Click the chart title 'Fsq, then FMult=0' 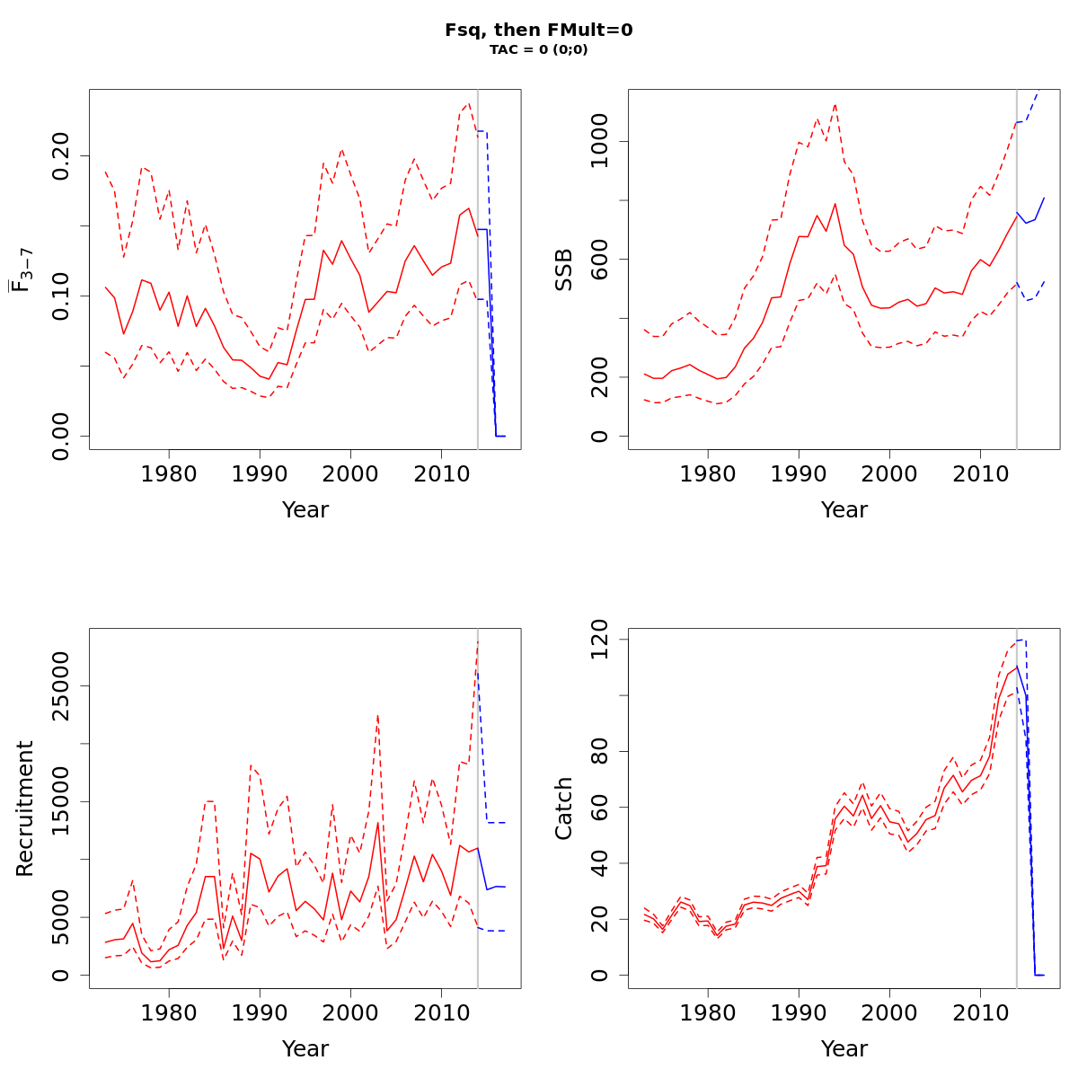[x=539, y=31]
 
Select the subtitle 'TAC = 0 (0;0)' [x=539, y=50]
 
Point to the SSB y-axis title [x=564, y=269]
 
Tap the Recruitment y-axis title [x=25, y=808]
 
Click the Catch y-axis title [x=564, y=808]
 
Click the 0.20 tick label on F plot [x=61, y=155]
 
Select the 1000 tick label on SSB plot [x=600, y=142]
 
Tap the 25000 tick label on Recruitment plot [x=61, y=686]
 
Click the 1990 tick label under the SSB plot [x=799, y=473]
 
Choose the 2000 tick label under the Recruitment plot [x=350, y=1012]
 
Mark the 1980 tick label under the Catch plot [x=708, y=1012]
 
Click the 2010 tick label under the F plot [x=440, y=473]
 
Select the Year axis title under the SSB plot [x=844, y=510]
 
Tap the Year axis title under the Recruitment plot [x=305, y=1049]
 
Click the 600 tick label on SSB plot [x=600, y=260]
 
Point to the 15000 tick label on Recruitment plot [x=61, y=801]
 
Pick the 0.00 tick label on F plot [x=61, y=437]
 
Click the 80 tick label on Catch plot [x=600, y=751]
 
